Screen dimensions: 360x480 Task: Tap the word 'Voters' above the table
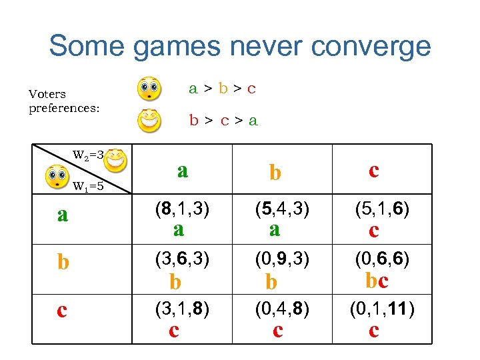tap(47, 95)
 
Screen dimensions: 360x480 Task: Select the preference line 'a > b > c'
tap(222, 88)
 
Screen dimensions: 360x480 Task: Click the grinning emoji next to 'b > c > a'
tap(149, 121)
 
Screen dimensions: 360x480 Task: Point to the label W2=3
tap(87, 155)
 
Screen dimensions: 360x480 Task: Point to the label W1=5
tap(87, 186)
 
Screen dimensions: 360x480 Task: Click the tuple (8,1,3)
tap(182, 209)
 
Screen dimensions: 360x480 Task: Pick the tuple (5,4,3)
tap(281, 209)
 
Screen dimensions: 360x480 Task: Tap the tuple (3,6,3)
tap(182, 258)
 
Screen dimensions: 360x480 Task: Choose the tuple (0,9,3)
tap(281, 258)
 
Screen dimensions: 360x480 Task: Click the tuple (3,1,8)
tap(182, 308)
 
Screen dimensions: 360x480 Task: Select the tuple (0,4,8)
tap(281, 308)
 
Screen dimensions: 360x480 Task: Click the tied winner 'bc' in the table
tap(377, 281)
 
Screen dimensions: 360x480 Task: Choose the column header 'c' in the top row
tap(374, 171)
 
